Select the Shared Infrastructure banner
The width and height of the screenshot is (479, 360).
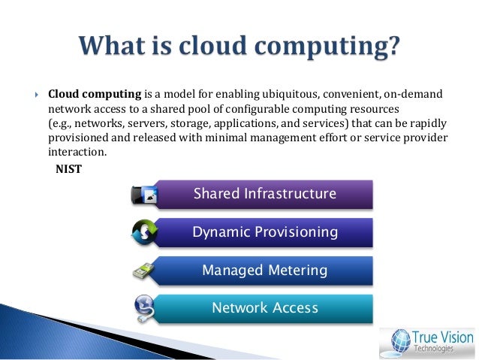click(x=264, y=194)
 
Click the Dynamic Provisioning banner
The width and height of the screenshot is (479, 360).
click(x=264, y=232)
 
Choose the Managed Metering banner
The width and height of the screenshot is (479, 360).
click(x=264, y=270)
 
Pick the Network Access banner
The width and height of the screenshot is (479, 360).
click(x=264, y=308)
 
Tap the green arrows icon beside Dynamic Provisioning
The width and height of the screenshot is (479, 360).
click(x=144, y=233)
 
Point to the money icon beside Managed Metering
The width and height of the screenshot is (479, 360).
click(x=144, y=271)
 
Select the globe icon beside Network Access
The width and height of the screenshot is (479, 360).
click(x=144, y=308)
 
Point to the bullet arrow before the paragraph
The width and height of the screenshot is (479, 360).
click(x=35, y=94)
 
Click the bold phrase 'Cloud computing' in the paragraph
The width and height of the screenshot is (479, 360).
click(x=95, y=94)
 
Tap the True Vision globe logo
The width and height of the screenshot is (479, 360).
click(x=399, y=340)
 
